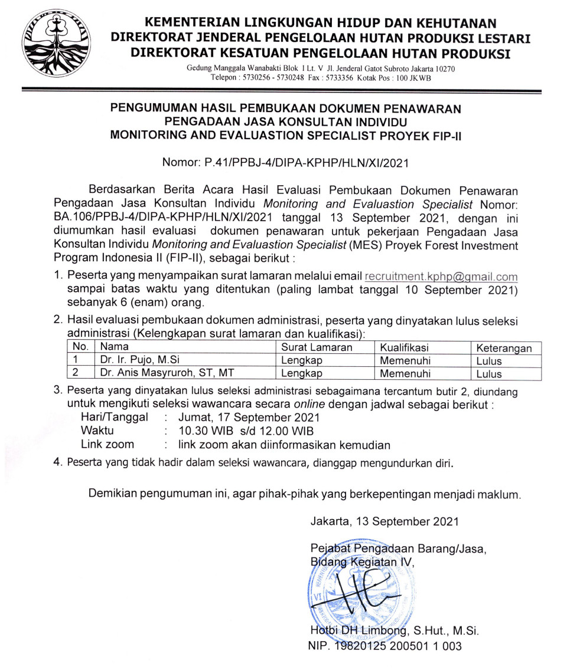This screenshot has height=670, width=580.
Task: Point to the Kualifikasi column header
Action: click(405, 348)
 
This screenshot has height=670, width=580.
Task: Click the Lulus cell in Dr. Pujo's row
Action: click(489, 361)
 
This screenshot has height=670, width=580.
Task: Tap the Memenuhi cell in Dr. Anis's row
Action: click(405, 373)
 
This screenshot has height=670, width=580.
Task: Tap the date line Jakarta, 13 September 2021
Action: click(384, 521)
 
